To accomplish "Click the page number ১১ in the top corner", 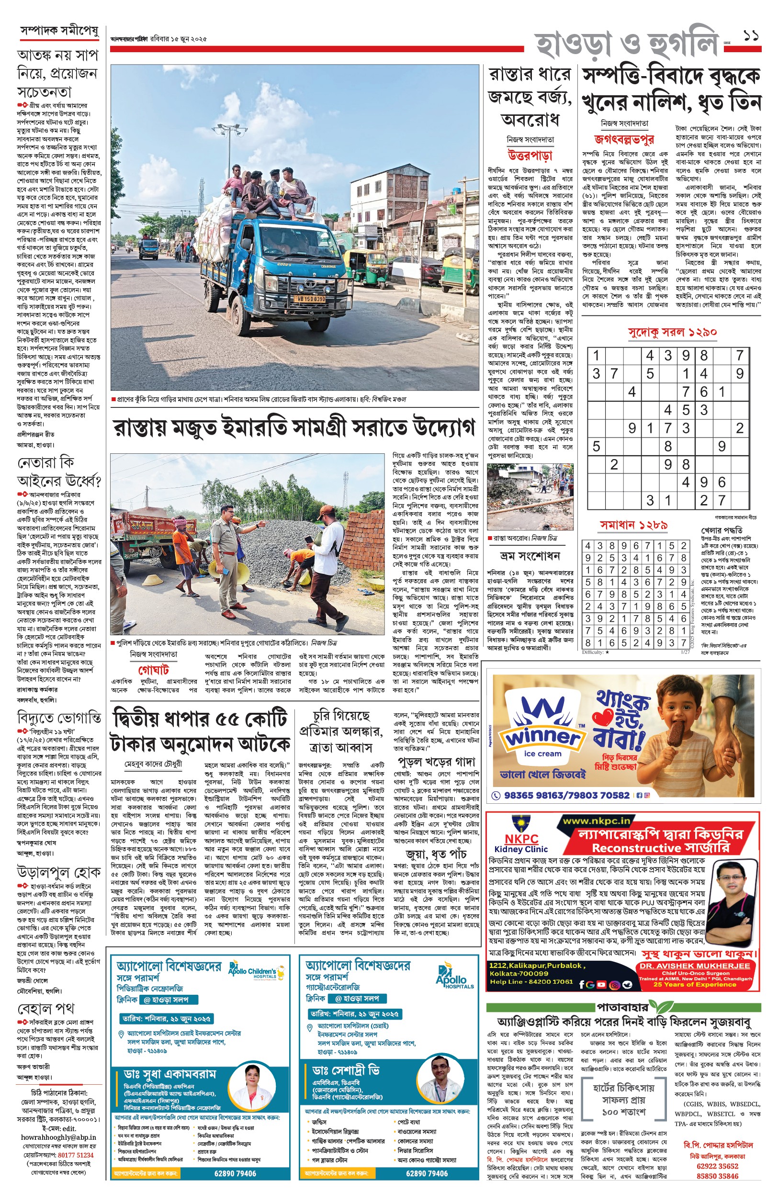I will click(751, 36).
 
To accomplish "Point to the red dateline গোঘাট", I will click(153, 670).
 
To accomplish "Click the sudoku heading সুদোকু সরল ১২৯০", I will click(672, 332).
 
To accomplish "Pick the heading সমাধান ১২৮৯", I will click(633, 525).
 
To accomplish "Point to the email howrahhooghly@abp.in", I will click(58, 1137).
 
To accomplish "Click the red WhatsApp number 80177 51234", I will click(75, 1155).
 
